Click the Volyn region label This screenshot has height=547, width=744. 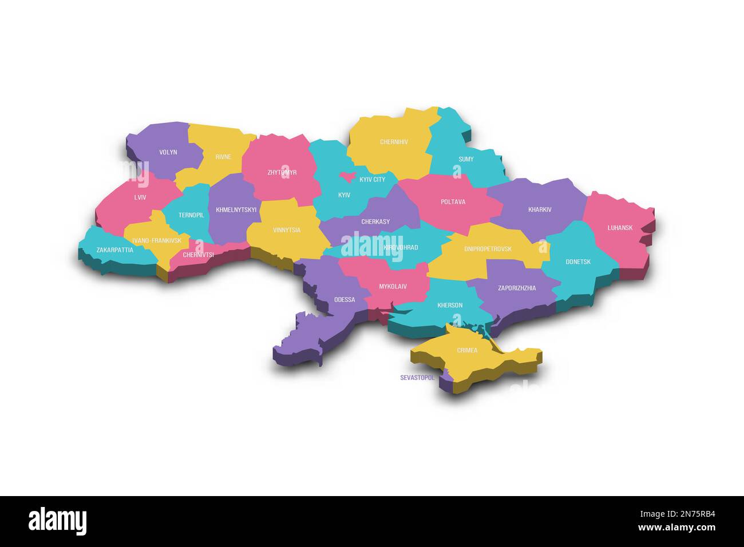[x=168, y=152]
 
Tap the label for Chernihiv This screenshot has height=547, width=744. [x=394, y=142]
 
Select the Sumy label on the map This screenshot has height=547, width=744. [x=466, y=159]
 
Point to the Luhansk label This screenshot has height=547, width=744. [x=620, y=228]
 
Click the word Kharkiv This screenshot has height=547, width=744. [x=540, y=209]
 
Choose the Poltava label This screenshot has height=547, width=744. [x=453, y=202]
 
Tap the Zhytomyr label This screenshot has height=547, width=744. [x=282, y=172]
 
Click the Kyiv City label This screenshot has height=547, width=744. [x=372, y=180]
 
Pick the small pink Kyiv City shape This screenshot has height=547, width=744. [x=347, y=176]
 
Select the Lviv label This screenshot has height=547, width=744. [x=140, y=197]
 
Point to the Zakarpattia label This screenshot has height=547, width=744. [x=114, y=250]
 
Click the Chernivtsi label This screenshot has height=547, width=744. [x=198, y=255]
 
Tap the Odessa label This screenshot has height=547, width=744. [x=345, y=300]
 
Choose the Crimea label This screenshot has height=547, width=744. [x=467, y=350]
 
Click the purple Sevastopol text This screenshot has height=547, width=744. [x=417, y=378]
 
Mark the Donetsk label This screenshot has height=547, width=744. [x=578, y=262]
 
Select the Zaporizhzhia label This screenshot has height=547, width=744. [x=517, y=288]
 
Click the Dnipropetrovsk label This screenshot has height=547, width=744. [x=488, y=249]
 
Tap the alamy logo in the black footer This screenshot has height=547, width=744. [x=57, y=521]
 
